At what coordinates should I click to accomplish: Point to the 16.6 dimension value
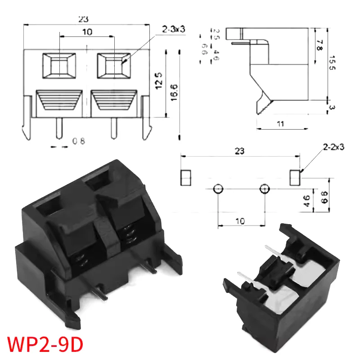pyautogui.click(x=173, y=92)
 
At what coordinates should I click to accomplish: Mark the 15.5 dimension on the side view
pyautogui.click(x=333, y=63)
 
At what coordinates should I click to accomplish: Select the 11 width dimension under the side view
pyautogui.click(x=280, y=124)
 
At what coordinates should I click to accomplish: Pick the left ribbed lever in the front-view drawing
pyautogui.click(x=59, y=101)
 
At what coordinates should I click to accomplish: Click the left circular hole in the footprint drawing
pyautogui.click(x=217, y=189)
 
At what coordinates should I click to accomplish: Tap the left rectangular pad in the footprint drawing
pyautogui.click(x=186, y=177)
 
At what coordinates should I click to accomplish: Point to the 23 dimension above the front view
pyautogui.click(x=83, y=19)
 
